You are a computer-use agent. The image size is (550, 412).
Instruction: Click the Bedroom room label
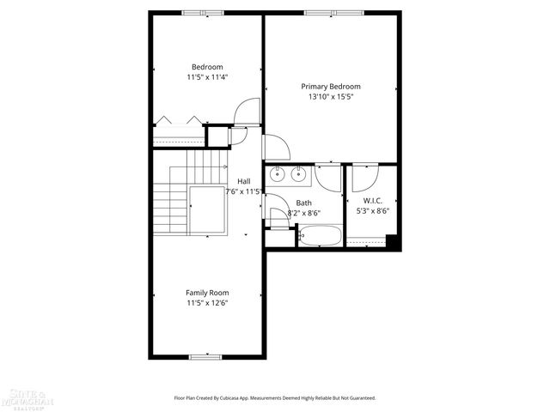point(207,67)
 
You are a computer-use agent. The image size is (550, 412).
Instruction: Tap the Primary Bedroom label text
point(330,87)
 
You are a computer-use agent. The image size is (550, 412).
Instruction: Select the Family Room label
point(207,293)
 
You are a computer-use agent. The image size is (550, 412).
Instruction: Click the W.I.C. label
point(372,200)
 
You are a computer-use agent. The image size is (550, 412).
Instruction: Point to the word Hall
point(244,181)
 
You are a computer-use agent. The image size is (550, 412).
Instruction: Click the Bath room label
point(303,203)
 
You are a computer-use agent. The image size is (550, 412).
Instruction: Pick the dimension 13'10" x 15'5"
point(330,97)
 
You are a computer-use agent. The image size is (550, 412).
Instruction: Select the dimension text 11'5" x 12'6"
point(207,303)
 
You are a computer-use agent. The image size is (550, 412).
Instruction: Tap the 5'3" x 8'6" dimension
point(372,210)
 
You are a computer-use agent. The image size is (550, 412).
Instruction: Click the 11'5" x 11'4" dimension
point(207,77)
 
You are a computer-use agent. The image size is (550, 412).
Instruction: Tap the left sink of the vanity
point(278,174)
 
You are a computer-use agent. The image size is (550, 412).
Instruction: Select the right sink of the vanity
point(298,174)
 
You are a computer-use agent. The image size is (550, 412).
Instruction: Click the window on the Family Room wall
point(199,356)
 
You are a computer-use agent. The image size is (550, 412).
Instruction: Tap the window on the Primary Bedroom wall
point(332,13)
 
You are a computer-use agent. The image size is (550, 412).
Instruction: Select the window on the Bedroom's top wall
point(204,13)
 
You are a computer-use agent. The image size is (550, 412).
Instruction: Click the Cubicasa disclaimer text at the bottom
point(275,398)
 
